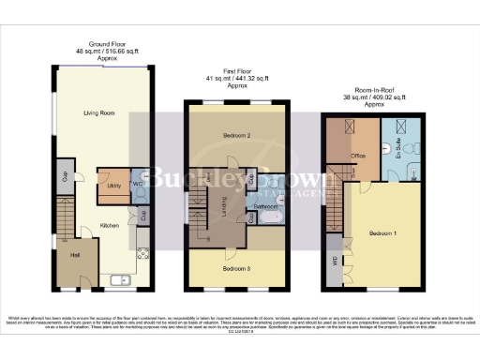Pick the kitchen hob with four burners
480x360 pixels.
point(143,253)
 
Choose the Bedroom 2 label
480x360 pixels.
point(237,137)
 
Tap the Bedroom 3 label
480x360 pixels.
point(236,268)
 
